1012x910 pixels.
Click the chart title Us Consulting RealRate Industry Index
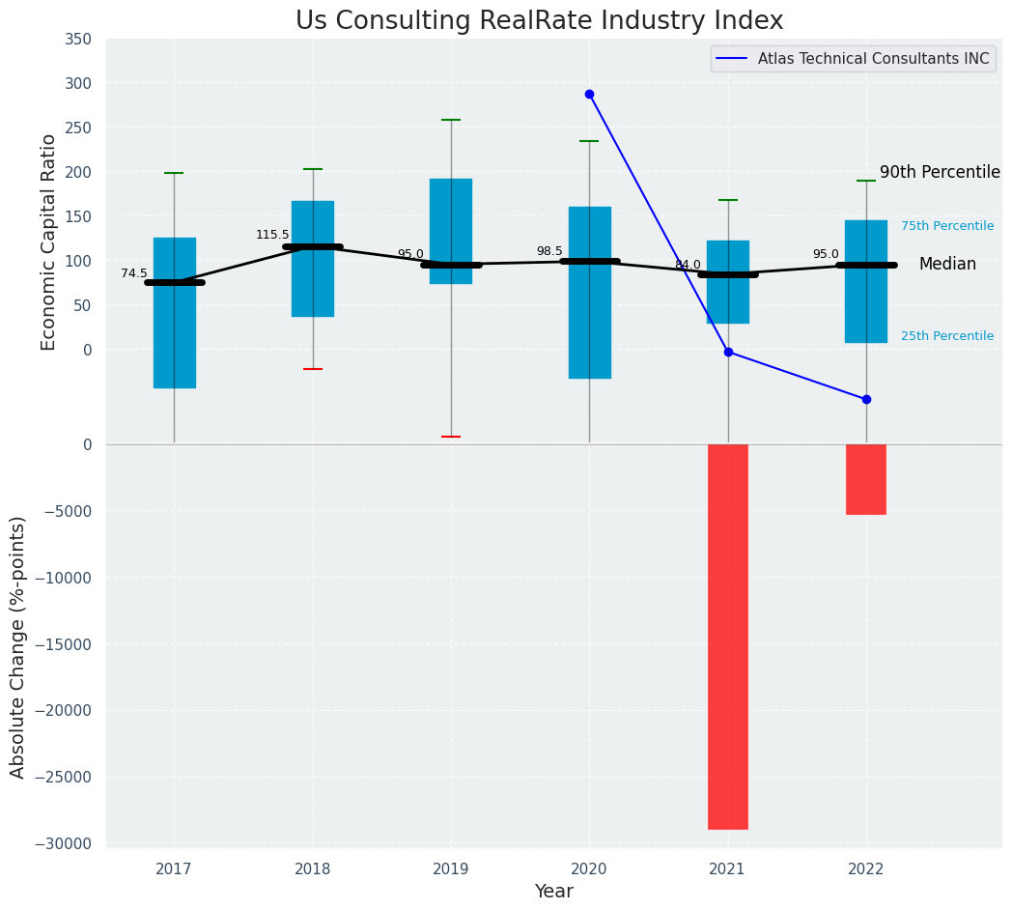(539, 21)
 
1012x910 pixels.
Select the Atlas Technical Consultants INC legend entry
(873, 59)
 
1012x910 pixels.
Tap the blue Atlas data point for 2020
(589, 95)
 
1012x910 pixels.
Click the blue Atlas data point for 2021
(728, 352)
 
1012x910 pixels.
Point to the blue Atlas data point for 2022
(866, 399)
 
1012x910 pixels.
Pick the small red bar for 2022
(866, 479)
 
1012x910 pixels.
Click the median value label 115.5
(272, 235)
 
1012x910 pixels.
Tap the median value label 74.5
(134, 274)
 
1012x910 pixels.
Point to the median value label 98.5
(549, 252)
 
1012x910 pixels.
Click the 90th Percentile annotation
(940, 173)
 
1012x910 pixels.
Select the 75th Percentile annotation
(946, 226)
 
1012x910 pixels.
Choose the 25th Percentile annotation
(946, 336)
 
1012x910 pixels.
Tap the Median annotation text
(947, 265)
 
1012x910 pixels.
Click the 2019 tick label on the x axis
(451, 869)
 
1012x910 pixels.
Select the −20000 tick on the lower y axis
(65, 711)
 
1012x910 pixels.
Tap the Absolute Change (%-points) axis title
(18, 646)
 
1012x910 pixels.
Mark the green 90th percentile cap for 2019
(451, 120)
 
